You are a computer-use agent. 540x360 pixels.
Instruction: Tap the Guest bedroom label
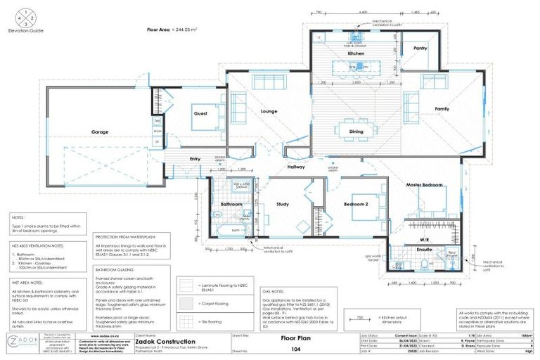click(201, 113)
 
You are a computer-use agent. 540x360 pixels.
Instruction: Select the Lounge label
click(269, 112)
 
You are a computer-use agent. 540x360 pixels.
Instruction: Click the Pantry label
click(420, 49)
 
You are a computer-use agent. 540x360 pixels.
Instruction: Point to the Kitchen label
click(356, 53)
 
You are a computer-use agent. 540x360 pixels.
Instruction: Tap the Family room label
click(442, 109)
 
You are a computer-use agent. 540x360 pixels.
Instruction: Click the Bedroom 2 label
click(356, 204)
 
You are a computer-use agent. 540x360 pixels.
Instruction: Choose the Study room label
click(283, 205)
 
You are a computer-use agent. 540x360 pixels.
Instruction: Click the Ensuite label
click(404, 250)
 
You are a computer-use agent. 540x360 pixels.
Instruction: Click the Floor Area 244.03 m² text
click(172, 30)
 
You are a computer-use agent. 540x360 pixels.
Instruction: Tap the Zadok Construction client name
click(156, 342)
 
